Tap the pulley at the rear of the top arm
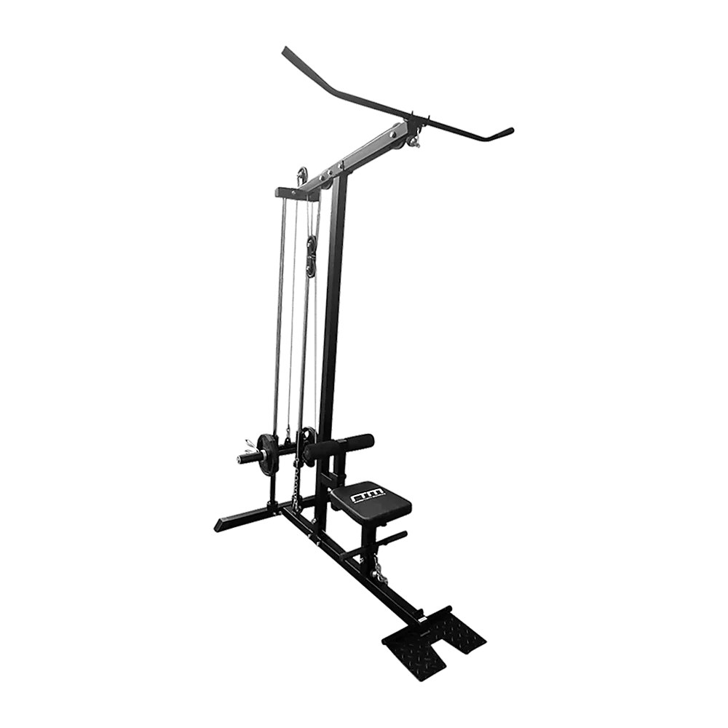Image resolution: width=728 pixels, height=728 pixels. pyautogui.click(x=301, y=175)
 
